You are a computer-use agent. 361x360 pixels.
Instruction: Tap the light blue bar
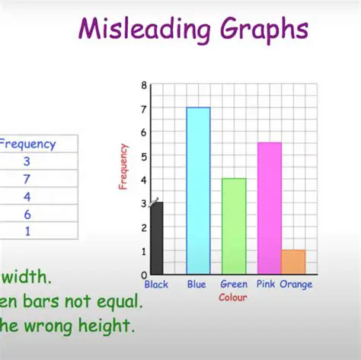(198, 190)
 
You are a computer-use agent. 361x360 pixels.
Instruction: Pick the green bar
(234, 226)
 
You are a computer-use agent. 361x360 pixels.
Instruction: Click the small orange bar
(293, 262)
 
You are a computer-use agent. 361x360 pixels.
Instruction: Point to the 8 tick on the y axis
(144, 85)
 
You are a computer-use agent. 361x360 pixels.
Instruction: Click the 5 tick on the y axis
(144, 157)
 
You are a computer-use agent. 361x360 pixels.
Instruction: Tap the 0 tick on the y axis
(144, 274)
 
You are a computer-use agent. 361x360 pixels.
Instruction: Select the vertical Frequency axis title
(123, 166)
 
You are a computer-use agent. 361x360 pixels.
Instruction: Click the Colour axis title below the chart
(233, 297)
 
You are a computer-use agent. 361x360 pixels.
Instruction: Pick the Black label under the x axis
(156, 285)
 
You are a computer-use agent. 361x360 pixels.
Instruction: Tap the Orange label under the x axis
(296, 285)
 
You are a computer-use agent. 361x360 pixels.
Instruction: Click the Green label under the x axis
(234, 285)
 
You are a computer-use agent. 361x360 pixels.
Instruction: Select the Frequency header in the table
(27, 143)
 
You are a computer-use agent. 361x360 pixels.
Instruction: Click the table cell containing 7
(27, 179)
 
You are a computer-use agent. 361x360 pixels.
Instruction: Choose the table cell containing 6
(27, 215)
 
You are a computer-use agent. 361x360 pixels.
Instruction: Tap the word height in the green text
(109, 327)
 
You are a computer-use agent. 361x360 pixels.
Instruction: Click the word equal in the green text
(114, 301)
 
